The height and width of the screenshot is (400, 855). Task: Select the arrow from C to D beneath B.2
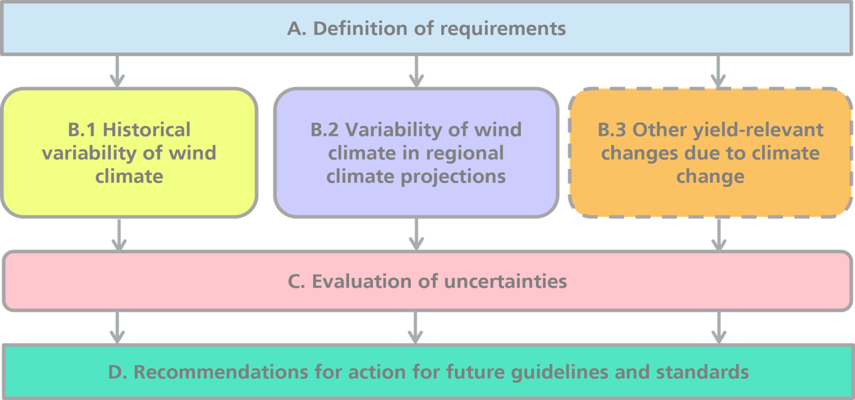415,327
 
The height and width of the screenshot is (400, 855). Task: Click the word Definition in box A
360,29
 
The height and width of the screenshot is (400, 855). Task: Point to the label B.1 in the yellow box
81,130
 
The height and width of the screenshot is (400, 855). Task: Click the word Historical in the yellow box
147,130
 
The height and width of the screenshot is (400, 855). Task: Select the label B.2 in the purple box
324,130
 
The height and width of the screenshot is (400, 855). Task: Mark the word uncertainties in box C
505,282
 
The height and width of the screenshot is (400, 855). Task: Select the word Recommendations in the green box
220,372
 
